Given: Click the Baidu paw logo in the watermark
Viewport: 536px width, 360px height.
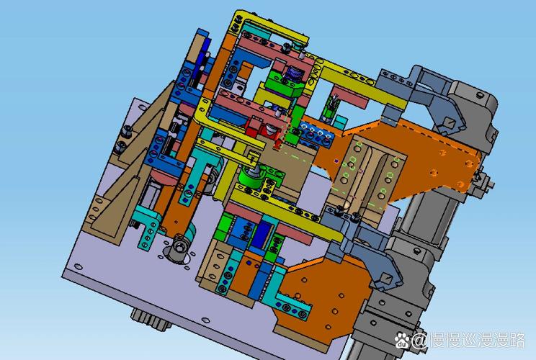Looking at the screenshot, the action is [402, 340].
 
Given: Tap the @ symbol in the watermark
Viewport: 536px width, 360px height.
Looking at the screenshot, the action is [419, 341].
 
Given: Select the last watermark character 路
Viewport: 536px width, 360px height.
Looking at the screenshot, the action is [515, 340].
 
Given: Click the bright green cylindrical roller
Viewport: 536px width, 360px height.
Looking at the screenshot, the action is [251, 179].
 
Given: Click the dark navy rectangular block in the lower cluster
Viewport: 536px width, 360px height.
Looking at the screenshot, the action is [261, 234].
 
